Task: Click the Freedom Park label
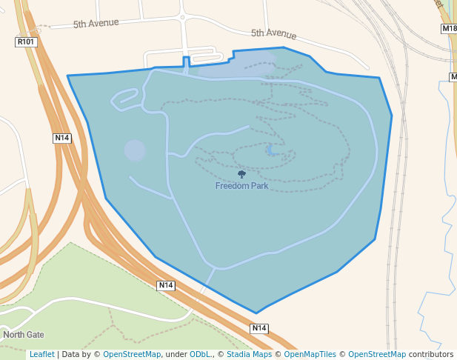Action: point(241,186)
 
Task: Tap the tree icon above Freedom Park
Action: point(241,174)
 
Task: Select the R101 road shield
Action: point(26,42)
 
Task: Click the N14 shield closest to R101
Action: point(62,138)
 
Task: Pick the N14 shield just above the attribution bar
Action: point(258,328)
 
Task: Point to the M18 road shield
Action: point(449,29)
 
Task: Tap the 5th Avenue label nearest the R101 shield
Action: point(96,24)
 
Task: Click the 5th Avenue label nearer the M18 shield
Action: point(273,33)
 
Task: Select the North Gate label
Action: point(23,335)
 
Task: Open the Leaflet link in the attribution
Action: point(41,355)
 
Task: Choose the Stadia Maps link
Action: point(250,355)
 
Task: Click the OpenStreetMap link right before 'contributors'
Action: point(377,355)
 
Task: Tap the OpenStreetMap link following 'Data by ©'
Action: point(132,355)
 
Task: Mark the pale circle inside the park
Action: point(135,150)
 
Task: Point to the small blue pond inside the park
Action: point(270,151)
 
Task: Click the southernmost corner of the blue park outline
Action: point(257,313)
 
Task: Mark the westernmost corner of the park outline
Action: point(67,76)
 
